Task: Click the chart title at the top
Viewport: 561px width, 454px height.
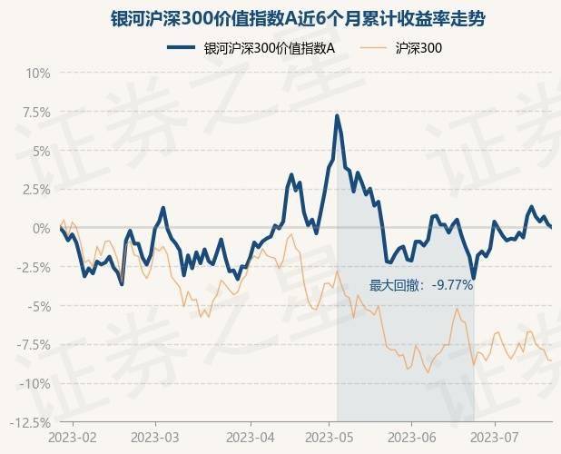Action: coord(280,17)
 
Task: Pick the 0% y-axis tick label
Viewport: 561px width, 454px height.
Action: coord(40,229)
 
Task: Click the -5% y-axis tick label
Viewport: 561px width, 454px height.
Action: coord(38,306)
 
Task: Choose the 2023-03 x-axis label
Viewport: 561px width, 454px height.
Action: coord(154,438)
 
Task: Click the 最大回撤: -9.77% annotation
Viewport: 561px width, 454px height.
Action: coord(421,285)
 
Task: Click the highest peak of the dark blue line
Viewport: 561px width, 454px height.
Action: coord(338,115)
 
